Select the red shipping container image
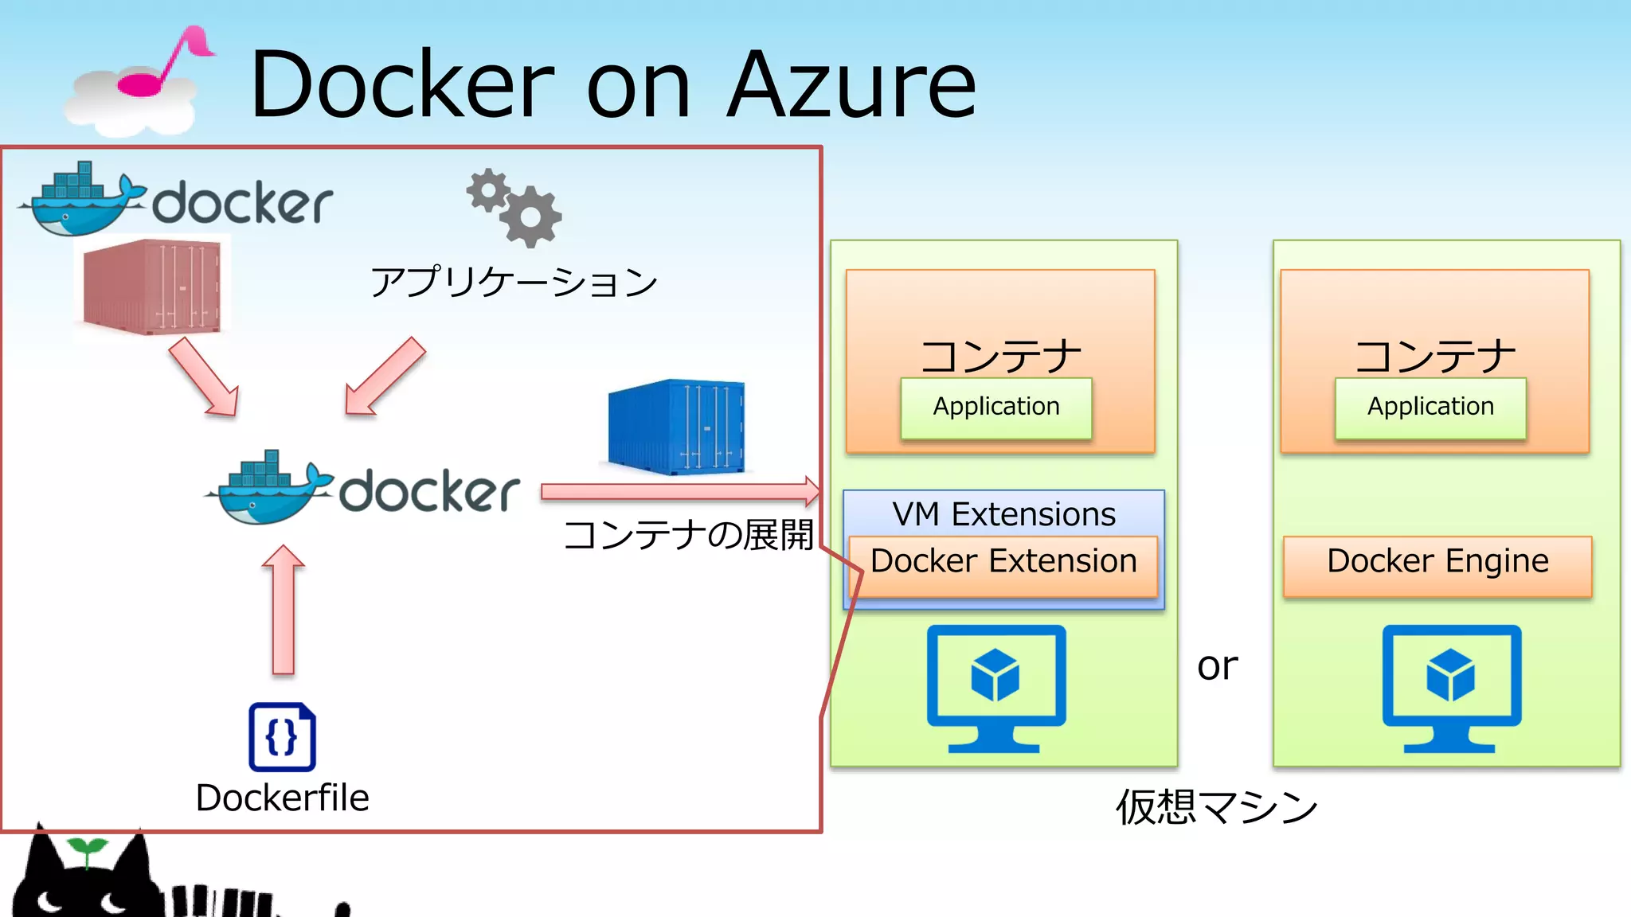(x=151, y=287)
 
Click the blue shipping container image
(x=676, y=427)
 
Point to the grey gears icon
(x=514, y=208)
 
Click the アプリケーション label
(x=514, y=282)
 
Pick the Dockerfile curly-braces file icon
(x=282, y=737)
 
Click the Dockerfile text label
(x=282, y=798)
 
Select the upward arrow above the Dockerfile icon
(x=284, y=609)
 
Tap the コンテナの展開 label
(x=688, y=534)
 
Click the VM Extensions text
(x=1003, y=513)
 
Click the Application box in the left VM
(x=996, y=408)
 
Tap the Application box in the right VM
(x=1430, y=408)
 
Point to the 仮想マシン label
(x=1217, y=807)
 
